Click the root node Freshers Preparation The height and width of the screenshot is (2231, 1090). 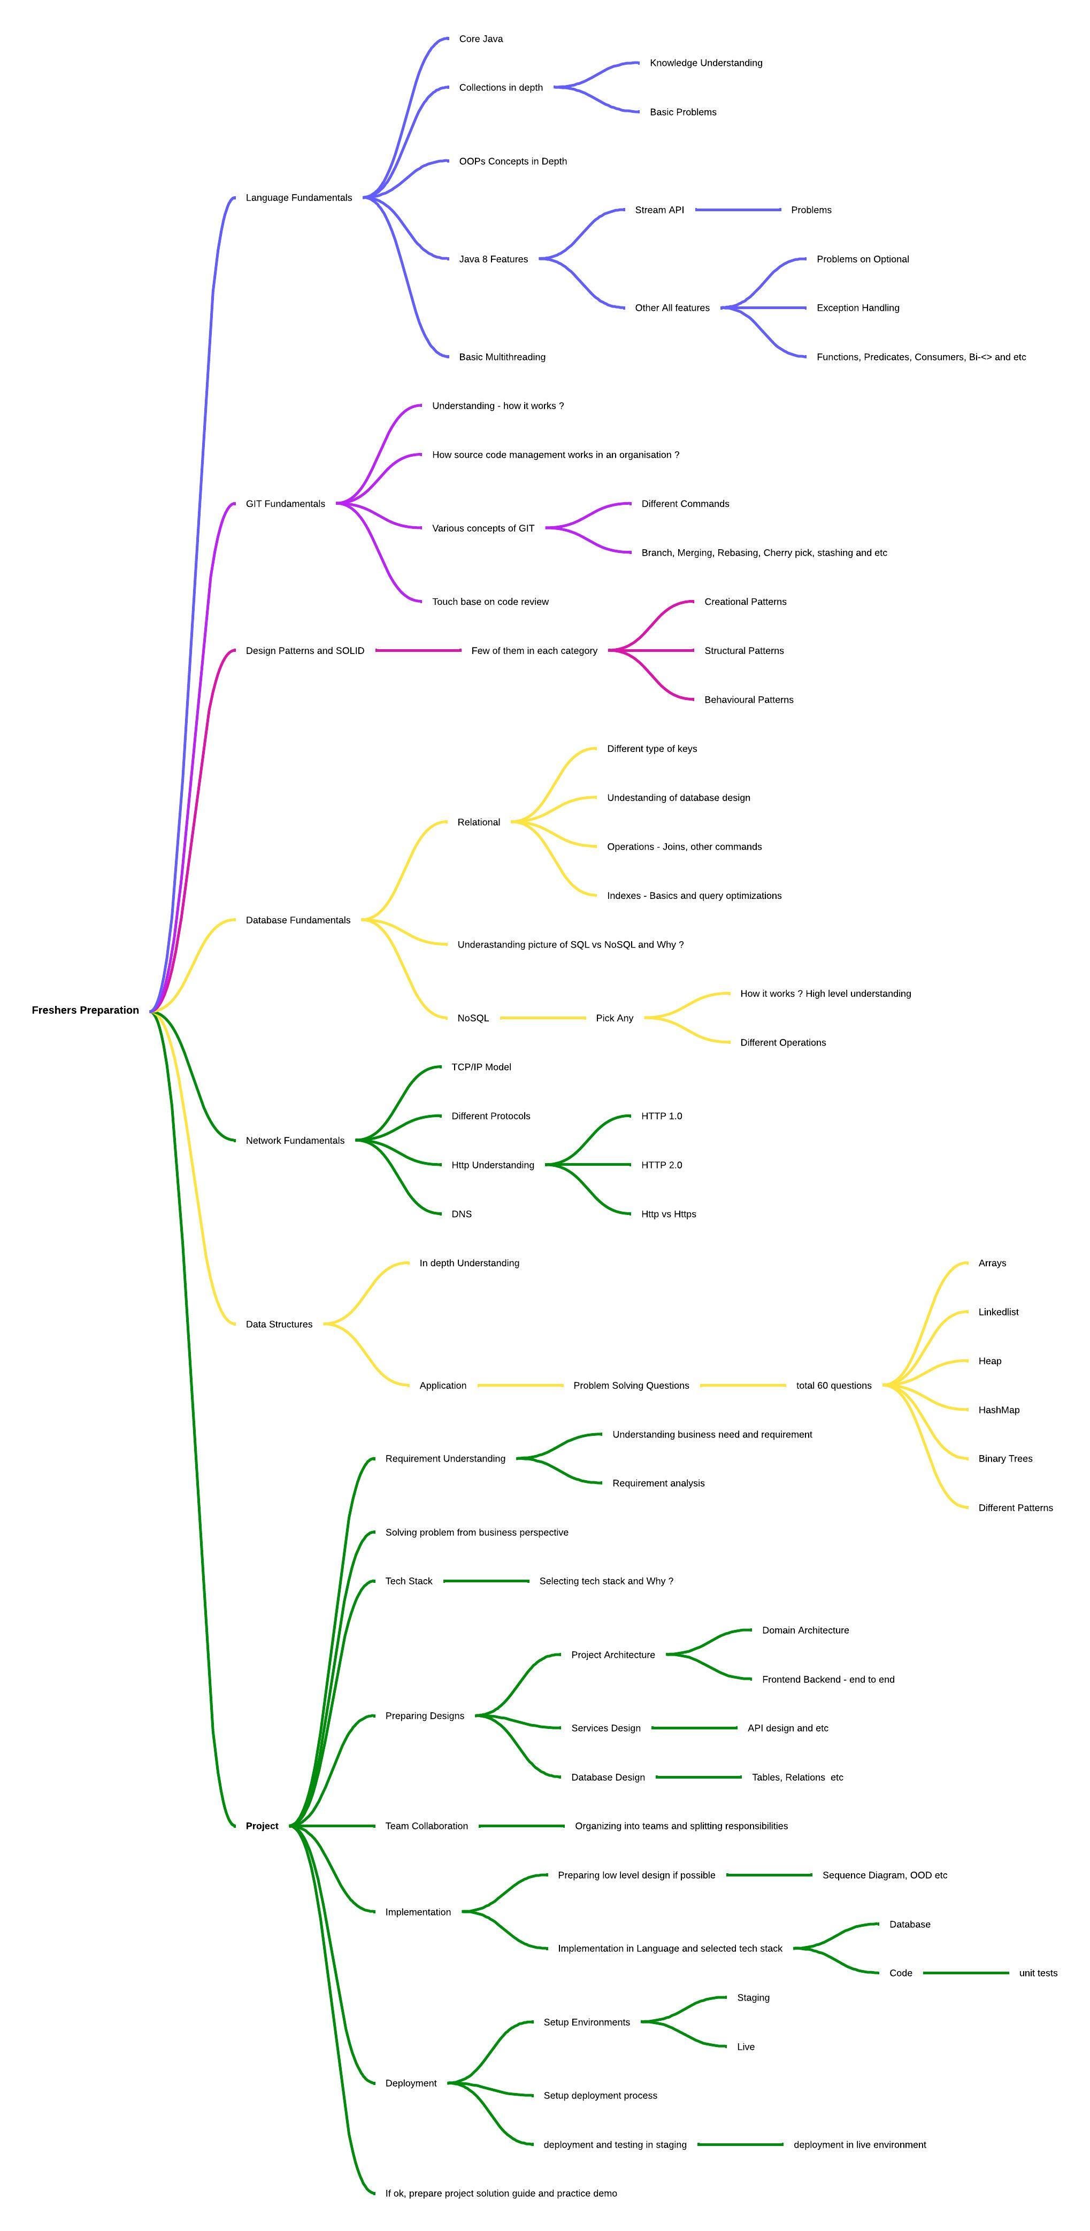(85, 1010)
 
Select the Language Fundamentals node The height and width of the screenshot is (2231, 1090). (299, 197)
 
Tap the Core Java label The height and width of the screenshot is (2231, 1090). (481, 39)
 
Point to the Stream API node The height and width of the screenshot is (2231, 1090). (659, 210)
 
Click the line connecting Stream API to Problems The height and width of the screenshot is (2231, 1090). (738, 210)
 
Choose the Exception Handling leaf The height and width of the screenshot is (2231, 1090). (858, 307)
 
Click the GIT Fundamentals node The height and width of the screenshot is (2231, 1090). (285, 503)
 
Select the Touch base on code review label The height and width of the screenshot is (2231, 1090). (490, 601)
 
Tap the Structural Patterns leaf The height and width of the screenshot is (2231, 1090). (743, 650)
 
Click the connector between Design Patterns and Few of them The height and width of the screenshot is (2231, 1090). (418, 650)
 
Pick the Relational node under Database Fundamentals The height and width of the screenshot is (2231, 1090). (478, 822)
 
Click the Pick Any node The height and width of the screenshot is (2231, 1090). (615, 1018)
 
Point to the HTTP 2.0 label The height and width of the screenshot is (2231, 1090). (661, 1165)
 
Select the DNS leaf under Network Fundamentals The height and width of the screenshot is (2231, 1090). (461, 1213)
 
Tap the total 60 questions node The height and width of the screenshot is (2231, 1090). (833, 1385)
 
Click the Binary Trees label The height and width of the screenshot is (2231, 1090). (1005, 1458)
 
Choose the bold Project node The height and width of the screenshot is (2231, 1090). (262, 1826)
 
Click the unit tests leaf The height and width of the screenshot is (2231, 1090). (1038, 1973)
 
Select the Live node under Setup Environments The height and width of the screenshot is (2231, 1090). (745, 2047)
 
